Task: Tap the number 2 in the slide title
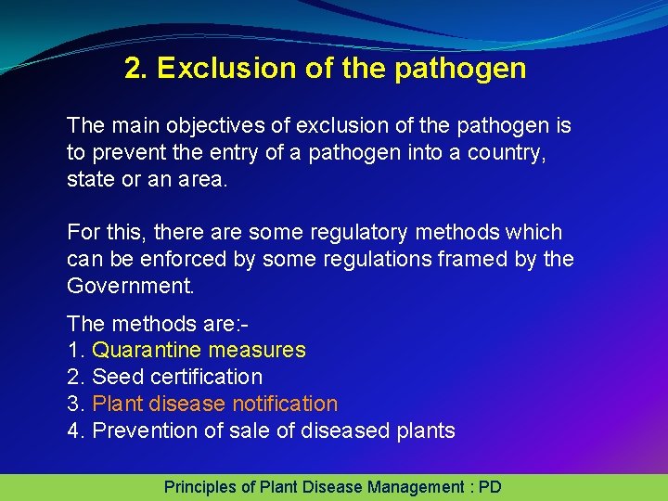point(134,68)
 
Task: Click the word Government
point(131,286)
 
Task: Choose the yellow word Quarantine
point(148,351)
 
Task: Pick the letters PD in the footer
point(489,487)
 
